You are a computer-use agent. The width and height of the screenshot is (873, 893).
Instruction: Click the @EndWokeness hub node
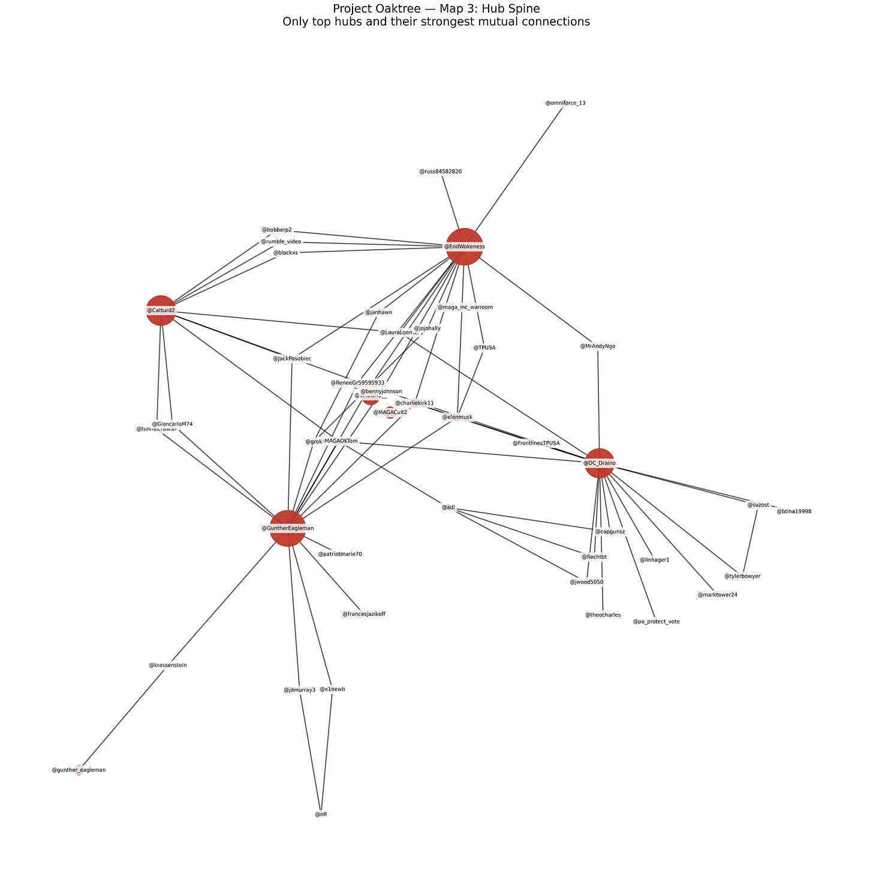pyautogui.click(x=464, y=246)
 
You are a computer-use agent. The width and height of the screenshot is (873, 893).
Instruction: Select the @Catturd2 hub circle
pyautogui.click(x=161, y=310)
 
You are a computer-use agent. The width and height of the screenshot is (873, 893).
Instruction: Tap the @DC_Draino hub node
pyautogui.click(x=600, y=463)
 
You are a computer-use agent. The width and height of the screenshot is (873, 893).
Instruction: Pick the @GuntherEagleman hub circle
pyautogui.click(x=288, y=528)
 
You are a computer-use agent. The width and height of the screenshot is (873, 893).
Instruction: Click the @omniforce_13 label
pyautogui.click(x=565, y=103)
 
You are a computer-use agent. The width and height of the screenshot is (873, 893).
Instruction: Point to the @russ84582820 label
pyautogui.click(x=441, y=172)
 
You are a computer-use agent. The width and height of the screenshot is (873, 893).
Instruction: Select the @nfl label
pyautogui.click(x=321, y=814)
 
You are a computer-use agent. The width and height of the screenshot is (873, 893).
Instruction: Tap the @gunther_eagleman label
pyautogui.click(x=79, y=770)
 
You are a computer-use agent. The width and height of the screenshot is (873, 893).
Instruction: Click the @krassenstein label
pyautogui.click(x=168, y=665)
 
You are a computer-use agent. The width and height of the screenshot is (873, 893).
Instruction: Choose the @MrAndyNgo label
pyautogui.click(x=598, y=346)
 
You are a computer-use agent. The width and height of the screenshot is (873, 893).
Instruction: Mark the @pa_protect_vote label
pyautogui.click(x=656, y=622)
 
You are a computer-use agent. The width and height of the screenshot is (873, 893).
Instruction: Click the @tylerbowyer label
pyautogui.click(x=742, y=576)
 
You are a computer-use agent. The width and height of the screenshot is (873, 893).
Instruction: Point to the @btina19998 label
pyautogui.click(x=794, y=511)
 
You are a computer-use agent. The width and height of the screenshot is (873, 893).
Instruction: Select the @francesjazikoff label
pyautogui.click(x=364, y=614)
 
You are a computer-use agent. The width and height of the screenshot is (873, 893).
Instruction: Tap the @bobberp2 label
pyautogui.click(x=277, y=230)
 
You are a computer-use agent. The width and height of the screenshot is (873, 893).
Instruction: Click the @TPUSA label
pyautogui.click(x=484, y=347)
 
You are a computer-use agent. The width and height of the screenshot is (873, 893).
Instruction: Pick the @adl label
pyautogui.click(x=448, y=508)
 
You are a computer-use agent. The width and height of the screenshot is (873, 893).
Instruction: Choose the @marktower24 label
pyautogui.click(x=717, y=595)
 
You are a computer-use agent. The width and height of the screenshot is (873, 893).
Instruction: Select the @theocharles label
pyautogui.click(x=603, y=615)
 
